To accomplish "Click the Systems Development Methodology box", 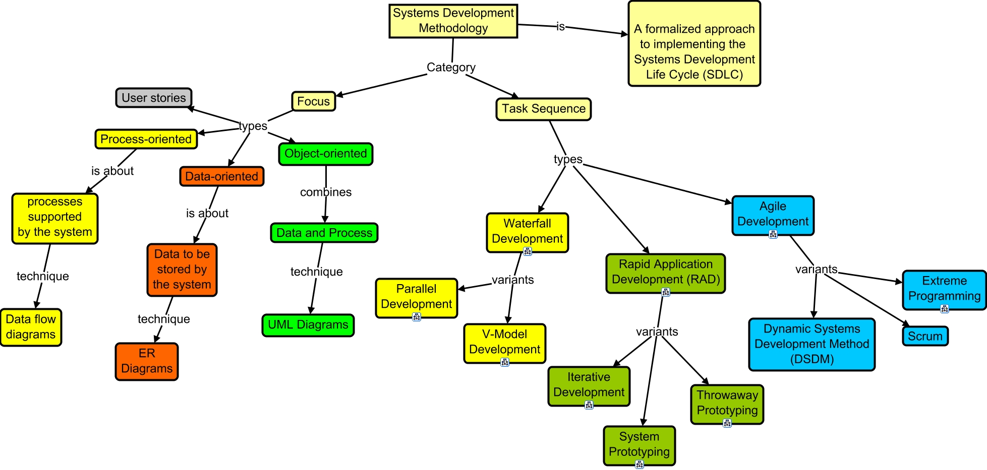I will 453,21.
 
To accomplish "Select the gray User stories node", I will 154,98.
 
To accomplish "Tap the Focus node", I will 313,101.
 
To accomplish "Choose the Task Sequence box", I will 543,109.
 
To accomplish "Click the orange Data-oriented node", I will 221,176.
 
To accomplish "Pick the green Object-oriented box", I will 325,154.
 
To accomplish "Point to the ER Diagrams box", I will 147,361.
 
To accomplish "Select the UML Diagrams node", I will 308,325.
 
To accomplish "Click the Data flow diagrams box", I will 31,327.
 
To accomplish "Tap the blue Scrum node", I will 925,336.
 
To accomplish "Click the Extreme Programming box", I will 944,289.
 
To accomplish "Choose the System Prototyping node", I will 639,444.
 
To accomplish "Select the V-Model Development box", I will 504,342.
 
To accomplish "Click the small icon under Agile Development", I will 773,234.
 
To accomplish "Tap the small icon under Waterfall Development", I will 528,251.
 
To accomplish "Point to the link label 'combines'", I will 326,192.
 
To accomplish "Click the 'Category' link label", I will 451,68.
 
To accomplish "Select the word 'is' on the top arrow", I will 560,27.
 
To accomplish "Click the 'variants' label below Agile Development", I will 816,270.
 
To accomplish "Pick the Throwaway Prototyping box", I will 727,403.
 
